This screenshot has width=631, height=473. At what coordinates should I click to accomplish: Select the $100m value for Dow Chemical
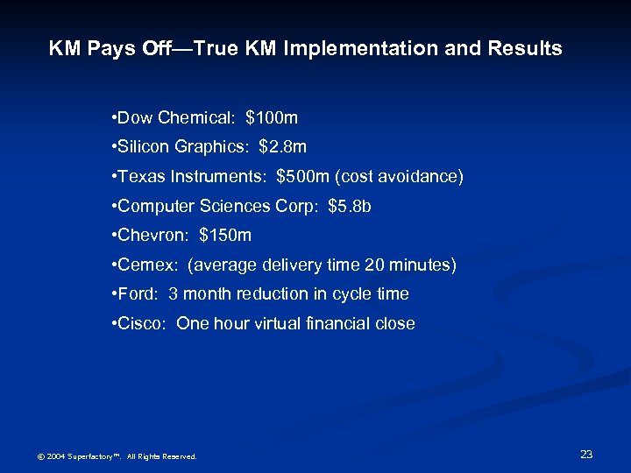(273, 116)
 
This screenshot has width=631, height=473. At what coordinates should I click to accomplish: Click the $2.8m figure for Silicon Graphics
(283, 146)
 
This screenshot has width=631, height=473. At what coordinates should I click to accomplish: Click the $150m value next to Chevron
(225, 235)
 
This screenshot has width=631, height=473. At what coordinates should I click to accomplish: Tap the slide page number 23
(586, 454)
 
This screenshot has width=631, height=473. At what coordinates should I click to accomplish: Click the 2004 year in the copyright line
(54, 456)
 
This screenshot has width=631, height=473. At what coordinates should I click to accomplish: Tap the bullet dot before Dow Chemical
(115, 117)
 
